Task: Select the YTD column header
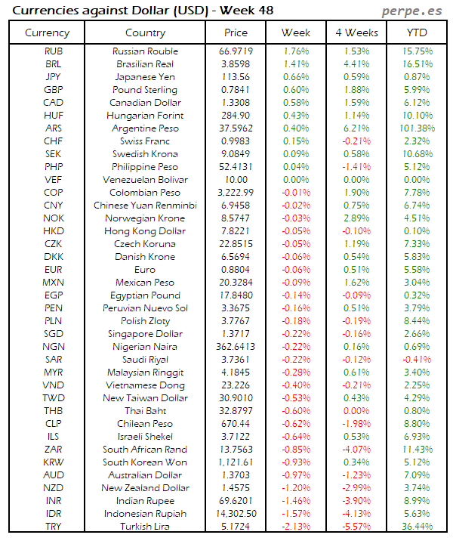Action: (418, 32)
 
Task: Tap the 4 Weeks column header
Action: (356, 32)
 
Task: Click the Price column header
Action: (236, 32)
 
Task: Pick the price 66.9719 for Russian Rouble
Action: (236, 51)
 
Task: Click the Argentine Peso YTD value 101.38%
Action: (418, 128)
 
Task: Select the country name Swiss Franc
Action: (145, 141)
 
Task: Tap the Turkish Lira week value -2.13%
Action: (296, 526)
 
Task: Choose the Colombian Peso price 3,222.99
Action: (236, 193)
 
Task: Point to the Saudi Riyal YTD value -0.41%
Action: (418, 359)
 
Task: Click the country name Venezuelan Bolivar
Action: (145, 180)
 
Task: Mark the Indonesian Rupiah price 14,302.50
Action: (236, 513)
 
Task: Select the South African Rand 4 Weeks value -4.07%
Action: (356, 449)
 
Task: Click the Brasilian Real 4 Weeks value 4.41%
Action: (356, 64)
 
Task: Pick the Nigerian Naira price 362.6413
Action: (236, 346)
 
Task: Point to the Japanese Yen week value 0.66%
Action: (296, 77)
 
